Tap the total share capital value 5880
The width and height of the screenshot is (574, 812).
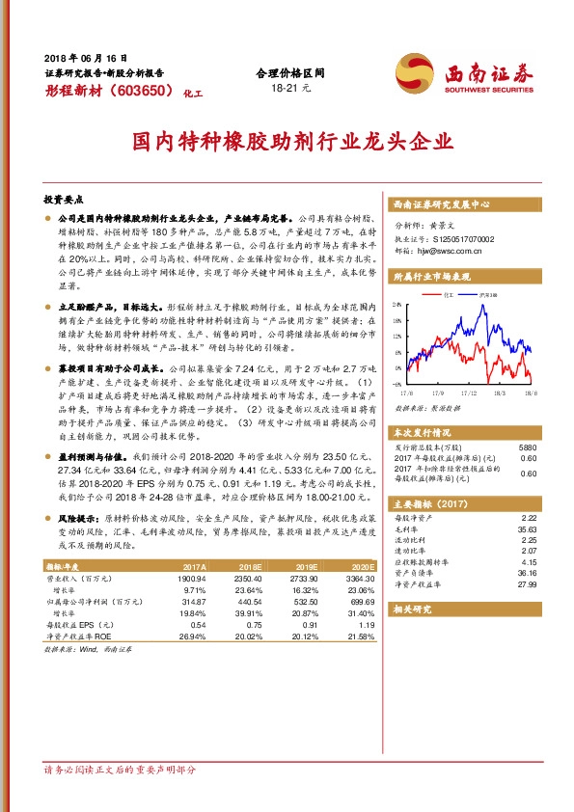pyautogui.click(x=527, y=447)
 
